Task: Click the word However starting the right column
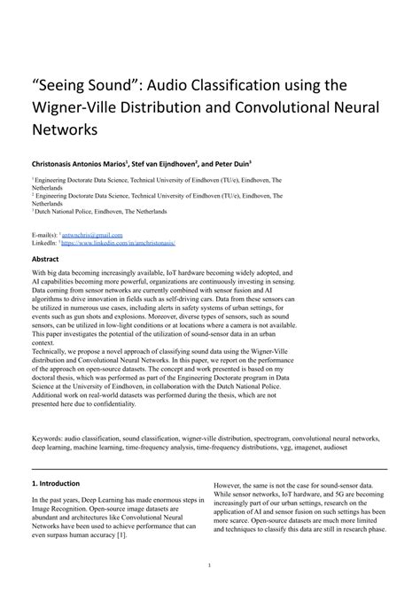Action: click(x=229, y=486)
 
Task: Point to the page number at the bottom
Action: click(x=209, y=564)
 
